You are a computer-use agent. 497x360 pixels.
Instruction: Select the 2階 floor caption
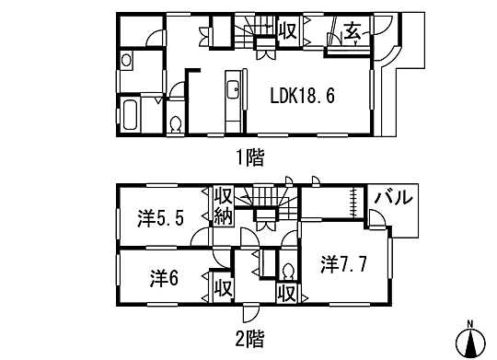248,338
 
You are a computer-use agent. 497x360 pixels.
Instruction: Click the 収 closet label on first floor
286,30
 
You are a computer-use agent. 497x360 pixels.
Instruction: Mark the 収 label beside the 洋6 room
222,286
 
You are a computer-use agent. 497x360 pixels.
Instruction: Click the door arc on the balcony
376,219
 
